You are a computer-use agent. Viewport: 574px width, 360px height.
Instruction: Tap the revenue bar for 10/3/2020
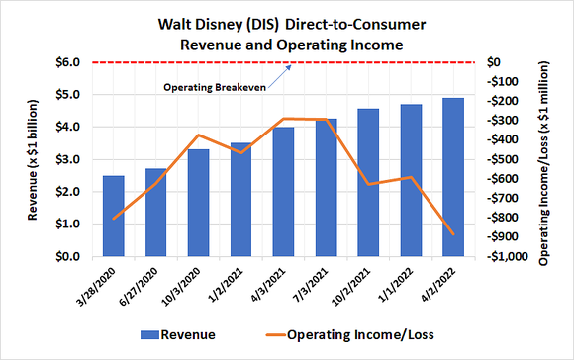(x=198, y=203)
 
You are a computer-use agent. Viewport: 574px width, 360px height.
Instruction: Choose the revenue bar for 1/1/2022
(x=410, y=181)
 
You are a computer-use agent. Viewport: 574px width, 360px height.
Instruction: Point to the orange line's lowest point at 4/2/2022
(x=452, y=234)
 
